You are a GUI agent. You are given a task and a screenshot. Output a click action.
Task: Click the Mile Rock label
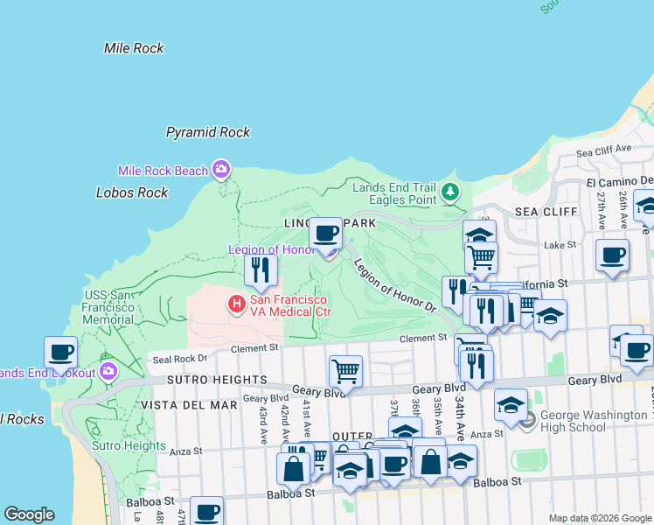134,48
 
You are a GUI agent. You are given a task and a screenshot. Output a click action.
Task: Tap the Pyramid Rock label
208,132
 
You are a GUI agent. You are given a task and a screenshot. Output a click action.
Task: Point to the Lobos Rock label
132,192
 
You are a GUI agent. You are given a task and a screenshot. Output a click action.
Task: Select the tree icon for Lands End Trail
449,190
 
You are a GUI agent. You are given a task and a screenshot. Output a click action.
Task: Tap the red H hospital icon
235,304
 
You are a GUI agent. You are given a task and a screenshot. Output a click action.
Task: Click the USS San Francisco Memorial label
108,308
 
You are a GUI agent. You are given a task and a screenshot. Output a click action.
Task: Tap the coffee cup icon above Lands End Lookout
61,352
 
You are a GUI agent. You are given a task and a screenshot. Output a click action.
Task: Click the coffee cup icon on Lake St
612,255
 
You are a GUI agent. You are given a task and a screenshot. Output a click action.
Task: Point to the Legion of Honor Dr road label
393,284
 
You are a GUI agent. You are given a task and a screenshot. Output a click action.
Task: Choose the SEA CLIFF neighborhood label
546,212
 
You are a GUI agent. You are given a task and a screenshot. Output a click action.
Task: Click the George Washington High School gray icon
525,422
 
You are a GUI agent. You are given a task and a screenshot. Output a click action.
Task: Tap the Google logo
29,514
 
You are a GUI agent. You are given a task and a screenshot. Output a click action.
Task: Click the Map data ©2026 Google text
599,518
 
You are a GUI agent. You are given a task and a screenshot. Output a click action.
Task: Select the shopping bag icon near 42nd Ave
292,467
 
